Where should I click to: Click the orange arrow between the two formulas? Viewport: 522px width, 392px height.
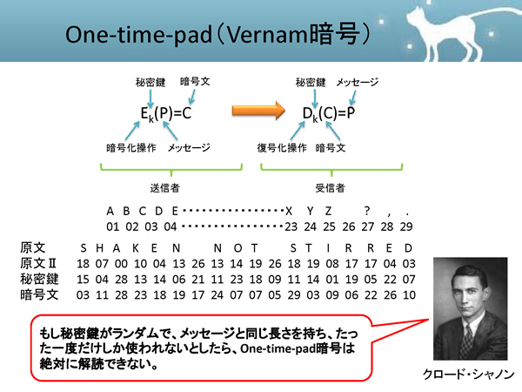coord(258,111)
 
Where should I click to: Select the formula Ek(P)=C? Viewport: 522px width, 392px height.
coord(166,113)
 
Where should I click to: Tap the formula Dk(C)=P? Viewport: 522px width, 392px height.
coord(329,113)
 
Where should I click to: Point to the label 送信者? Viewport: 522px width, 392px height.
coord(164,188)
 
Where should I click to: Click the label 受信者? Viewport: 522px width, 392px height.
coord(330,188)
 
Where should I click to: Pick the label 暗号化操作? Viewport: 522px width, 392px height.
coord(131,148)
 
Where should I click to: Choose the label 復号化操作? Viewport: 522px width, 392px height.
coord(282,148)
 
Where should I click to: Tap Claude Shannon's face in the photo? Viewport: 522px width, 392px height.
coord(466,291)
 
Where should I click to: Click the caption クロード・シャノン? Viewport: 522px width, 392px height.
coord(469,374)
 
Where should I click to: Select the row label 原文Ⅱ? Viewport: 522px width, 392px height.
coord(38,263)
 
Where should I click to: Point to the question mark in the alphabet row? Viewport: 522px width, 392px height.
coord(367,211)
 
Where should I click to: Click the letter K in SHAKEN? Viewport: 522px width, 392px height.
coord(136,248)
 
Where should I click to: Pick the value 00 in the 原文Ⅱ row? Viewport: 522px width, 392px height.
coord(121,264)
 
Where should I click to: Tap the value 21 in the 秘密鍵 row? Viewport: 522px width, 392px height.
coord(198,280)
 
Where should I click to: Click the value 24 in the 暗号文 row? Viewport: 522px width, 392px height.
coord(217,295)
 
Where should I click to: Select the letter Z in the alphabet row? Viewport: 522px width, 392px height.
coord(328,211)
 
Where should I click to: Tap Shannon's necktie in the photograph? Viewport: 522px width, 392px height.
coord(469,338)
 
